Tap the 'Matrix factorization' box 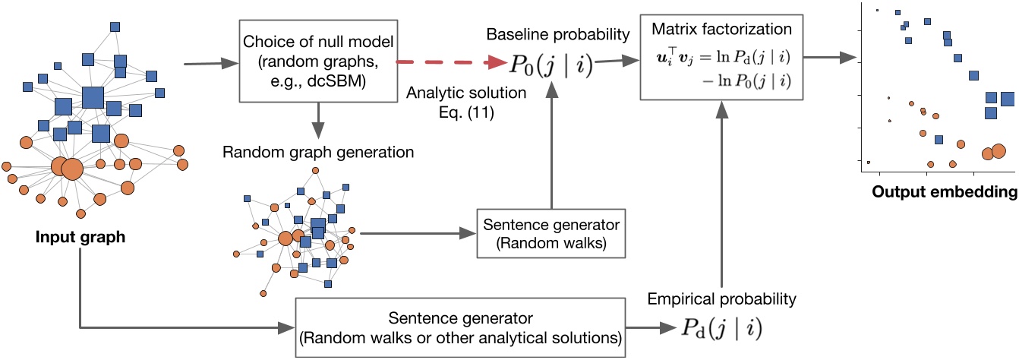pos(715,56)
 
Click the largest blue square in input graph pos(93,98)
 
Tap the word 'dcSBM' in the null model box pos(335,78)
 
